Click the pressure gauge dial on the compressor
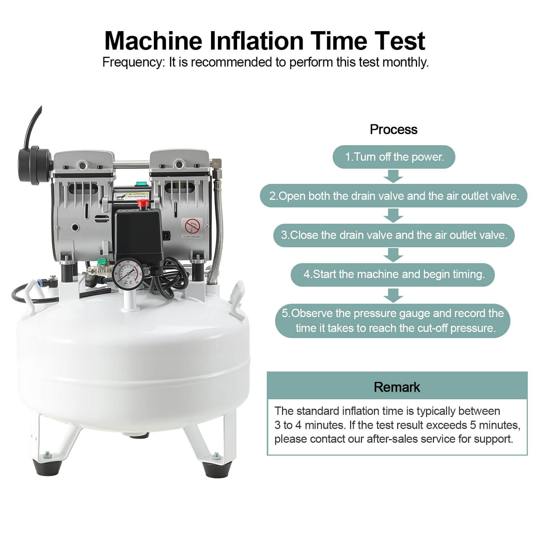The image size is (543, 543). click(126, 274)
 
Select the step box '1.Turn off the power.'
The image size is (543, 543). click(394, 157)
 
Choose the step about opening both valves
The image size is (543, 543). click(394, 196)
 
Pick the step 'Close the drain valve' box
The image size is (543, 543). click(394, 235)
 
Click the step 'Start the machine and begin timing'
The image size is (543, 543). click(394, 274)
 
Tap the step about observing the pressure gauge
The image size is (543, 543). click(393, 321)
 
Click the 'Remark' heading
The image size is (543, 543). click(397, 387)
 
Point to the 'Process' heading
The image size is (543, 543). click(393, 129)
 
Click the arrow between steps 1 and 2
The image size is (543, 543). click(393, 176)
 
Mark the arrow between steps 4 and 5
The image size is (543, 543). click(393, 295)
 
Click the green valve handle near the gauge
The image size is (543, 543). click(102, 261)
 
